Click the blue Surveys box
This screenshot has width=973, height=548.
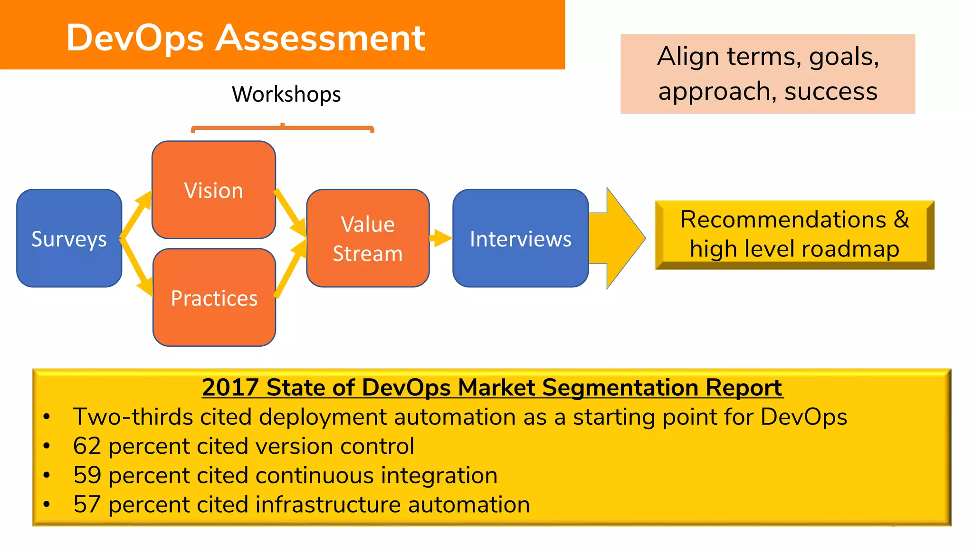pos(69,238)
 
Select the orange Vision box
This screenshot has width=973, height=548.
pos(213,190)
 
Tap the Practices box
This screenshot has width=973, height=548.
pos(214,298)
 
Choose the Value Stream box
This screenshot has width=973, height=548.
pos(368,238)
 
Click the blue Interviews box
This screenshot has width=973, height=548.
pos(520,238)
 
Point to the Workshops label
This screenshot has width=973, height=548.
pos(286,94)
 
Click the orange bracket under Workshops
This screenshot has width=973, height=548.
pos(282,128)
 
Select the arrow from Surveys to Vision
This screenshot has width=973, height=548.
pos(136,214)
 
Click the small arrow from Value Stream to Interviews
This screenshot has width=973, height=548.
pos(441,238)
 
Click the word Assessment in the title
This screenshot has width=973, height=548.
pos(320,38)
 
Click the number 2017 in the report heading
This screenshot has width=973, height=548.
pos(230,387)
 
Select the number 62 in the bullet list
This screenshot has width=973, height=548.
pos(87,446)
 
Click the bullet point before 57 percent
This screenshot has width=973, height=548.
pos(47,504)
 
